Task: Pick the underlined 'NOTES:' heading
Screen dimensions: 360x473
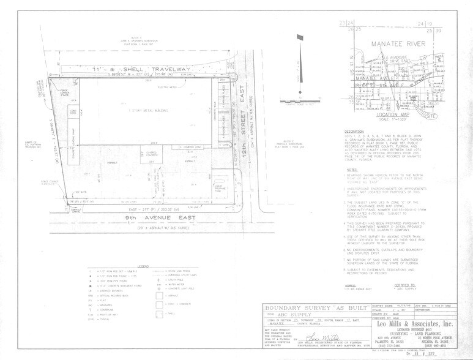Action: [x=351, y=170]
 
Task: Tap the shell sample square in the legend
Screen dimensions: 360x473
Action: [x=161, y=313]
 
